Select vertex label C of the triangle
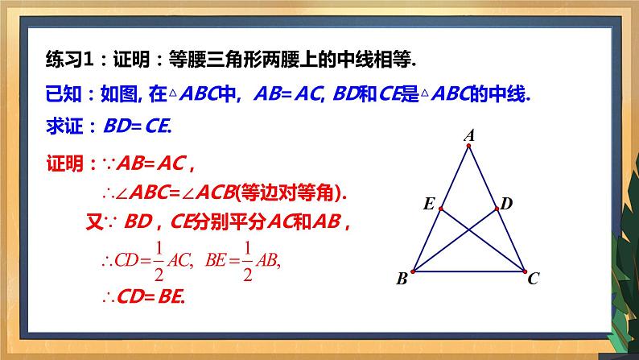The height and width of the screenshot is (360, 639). (533, 279)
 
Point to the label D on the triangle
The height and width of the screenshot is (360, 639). (506, 204)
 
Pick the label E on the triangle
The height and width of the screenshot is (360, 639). (429, 205)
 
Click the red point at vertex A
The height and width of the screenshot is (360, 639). (468, 146)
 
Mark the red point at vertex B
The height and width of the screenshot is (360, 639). (413, 271)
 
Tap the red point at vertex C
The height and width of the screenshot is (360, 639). (523, 271)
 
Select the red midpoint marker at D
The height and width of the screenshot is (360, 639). (496, 209)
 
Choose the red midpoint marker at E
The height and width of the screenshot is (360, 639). (440, 209)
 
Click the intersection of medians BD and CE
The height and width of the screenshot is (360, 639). (468, 230)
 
